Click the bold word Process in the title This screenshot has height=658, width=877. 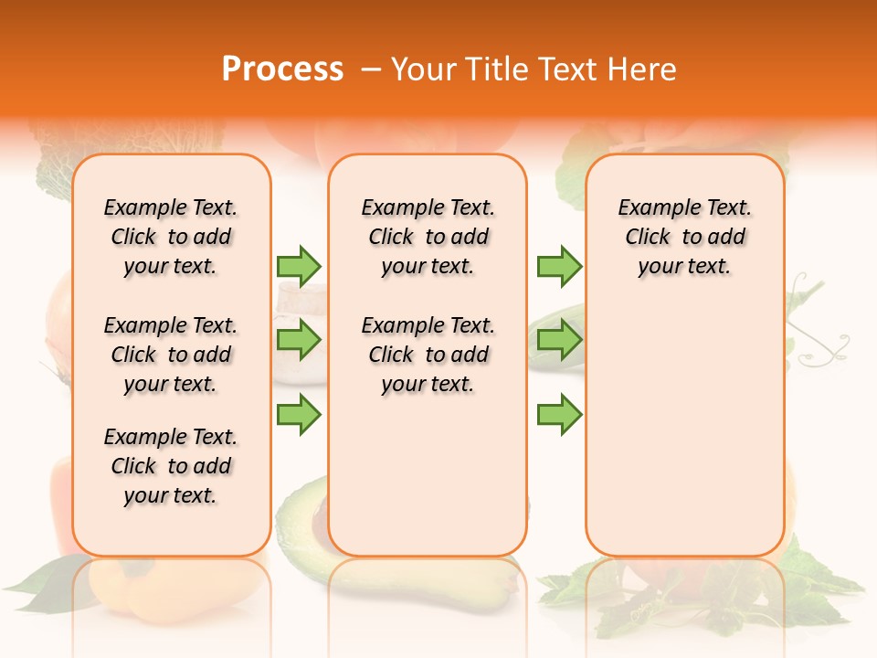(282, 69)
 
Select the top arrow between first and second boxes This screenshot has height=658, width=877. (299, 266)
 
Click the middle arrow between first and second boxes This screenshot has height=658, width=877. (299, 340)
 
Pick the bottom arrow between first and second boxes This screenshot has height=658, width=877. (299, 415)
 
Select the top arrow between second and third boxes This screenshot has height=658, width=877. (559, 266)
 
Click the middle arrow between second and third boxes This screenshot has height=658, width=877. (559, 340)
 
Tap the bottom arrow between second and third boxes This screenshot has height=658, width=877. (559, 415)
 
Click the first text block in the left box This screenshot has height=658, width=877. (171, 237)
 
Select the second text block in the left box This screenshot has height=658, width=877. (171, 355)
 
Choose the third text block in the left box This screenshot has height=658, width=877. (171, 466)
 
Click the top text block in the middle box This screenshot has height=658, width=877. (428, 237)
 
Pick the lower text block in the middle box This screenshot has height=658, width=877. (428, 355)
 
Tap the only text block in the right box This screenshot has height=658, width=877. (684, 237)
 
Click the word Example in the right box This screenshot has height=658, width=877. (651, 207)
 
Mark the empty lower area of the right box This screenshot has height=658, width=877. (684, 430)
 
